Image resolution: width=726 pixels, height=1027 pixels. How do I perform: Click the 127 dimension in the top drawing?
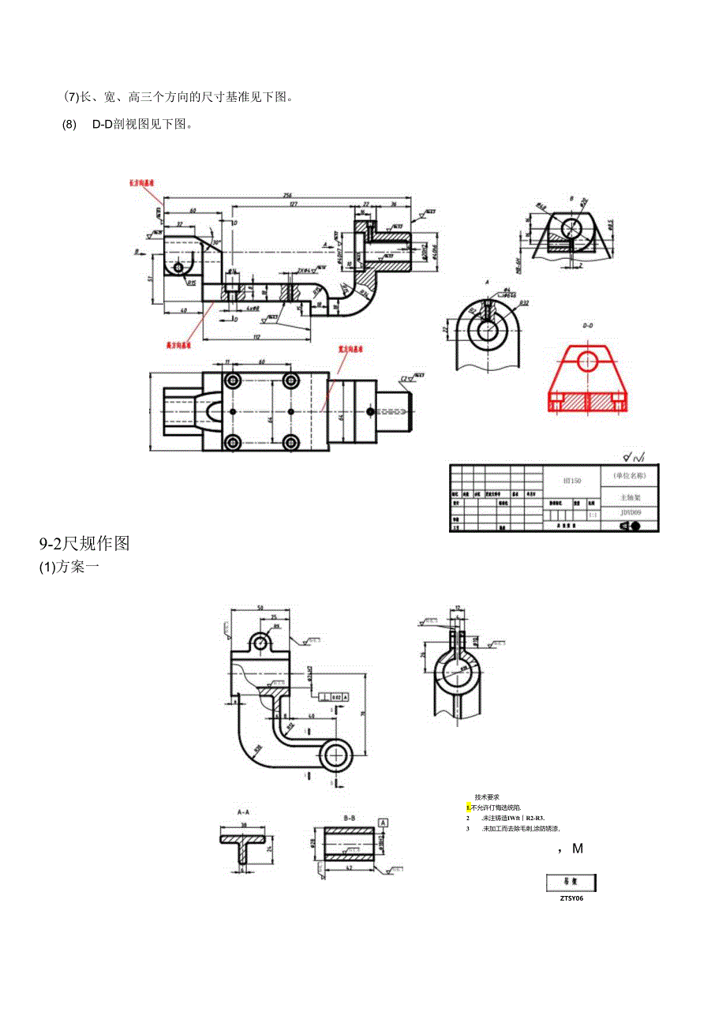pyautogui.click(x=293, y=204)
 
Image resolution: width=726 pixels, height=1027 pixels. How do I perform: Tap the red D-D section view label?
pyautogui.click(x=587, y=325)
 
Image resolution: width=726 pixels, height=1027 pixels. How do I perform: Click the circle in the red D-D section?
pyautogui.click(x=587, y=362)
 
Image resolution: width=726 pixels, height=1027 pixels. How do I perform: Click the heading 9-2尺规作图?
pyautogui.click(x=84, y=544)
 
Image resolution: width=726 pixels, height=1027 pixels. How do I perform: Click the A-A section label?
pyautogui.click(x=242, y=811)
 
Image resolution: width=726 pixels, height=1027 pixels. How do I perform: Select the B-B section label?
pyautogui.click(x=349, y=819)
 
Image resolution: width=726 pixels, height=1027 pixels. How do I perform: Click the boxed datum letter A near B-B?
pyautogui.click(x=384, y=822)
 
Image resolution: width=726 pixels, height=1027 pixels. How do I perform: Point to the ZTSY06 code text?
pyautogui.click(x=571, y=898)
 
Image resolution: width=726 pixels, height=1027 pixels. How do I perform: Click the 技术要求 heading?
pyautogui.click(x=487, y=797)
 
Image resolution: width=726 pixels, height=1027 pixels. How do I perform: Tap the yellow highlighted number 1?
pyautogui.click(x=468, y=808)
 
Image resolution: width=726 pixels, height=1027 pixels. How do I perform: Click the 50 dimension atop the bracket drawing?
pyautogui.click(x=260, y=608)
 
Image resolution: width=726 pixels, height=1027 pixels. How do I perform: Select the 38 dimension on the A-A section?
pyautogui.click(x=243, y=826)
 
